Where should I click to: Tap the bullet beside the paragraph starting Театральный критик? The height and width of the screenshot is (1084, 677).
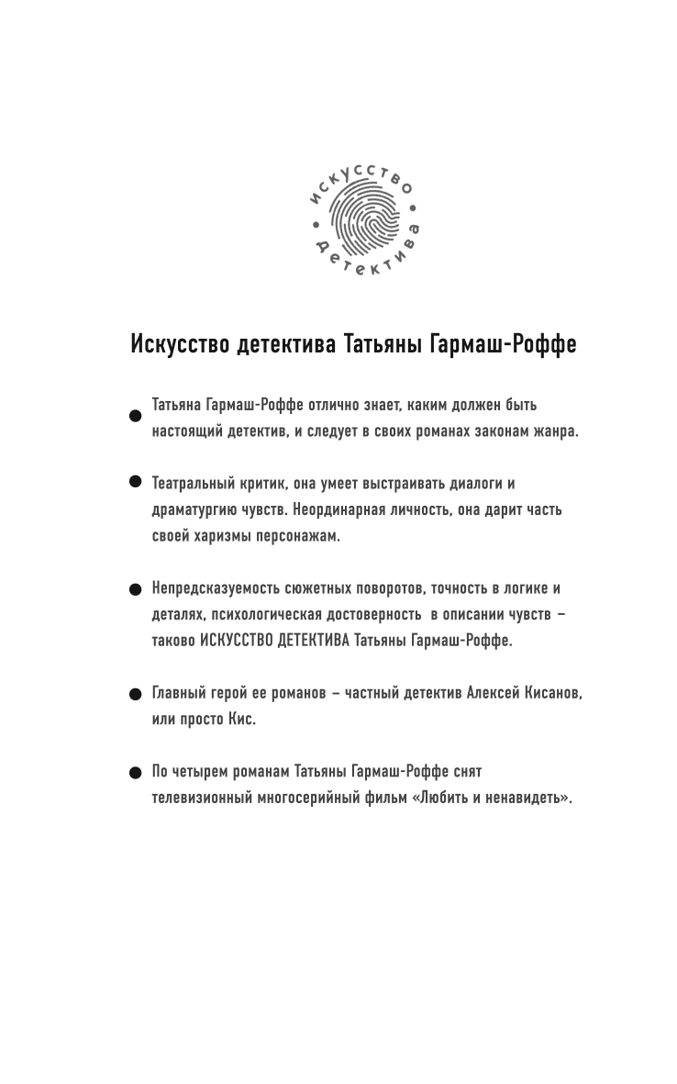(134, 482)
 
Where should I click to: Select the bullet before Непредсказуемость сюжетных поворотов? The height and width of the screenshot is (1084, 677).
(134, 589)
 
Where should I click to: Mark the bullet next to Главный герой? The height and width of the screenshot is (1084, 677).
(134, 695)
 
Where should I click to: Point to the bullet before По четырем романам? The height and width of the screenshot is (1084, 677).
(134, 773)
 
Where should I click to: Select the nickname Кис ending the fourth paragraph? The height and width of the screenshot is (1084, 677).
(241, 720)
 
